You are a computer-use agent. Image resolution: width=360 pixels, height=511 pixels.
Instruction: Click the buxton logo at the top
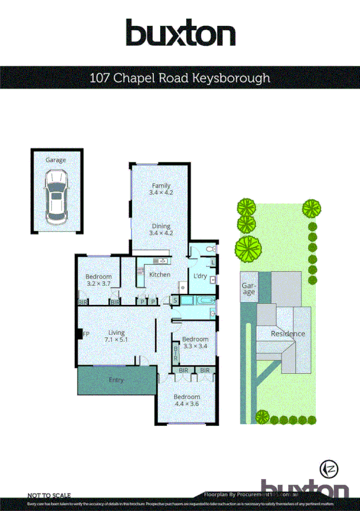180,33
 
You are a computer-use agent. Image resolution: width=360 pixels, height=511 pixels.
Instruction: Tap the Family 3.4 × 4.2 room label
161,189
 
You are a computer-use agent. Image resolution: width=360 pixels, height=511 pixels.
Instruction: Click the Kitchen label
159,275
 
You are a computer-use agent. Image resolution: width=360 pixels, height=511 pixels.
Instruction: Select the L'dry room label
200,276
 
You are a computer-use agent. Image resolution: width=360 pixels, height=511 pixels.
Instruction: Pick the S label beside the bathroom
175,300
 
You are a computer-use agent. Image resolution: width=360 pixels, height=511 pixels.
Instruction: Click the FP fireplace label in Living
86,333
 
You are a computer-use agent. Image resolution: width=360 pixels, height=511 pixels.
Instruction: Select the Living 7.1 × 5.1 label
116,336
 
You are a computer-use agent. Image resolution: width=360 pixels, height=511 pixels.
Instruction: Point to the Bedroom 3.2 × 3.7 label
99,280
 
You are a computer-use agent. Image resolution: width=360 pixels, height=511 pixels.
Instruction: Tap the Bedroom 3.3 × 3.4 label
195,342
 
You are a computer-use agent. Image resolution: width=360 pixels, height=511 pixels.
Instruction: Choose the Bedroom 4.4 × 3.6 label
187,400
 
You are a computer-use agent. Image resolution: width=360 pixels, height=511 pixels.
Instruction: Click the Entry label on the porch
116,380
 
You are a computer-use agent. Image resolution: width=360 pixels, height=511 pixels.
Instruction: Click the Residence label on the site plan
288,333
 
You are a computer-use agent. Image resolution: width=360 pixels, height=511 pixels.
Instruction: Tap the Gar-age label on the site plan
248,289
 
